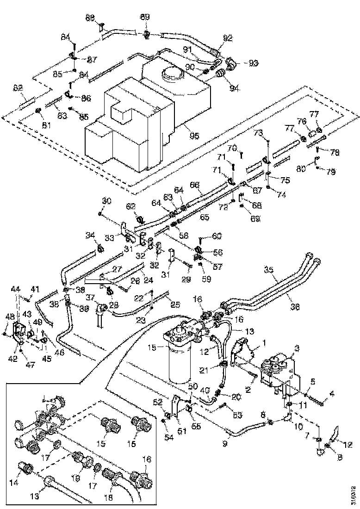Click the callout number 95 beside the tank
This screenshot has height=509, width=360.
[194, 136]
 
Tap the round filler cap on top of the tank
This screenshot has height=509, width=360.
[169, 74]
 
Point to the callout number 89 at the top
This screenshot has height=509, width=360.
[145, 17]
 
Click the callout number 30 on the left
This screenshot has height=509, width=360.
[107, 201]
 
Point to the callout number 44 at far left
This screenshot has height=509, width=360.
[16, 288]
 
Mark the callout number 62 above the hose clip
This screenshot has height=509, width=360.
[132, 206]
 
